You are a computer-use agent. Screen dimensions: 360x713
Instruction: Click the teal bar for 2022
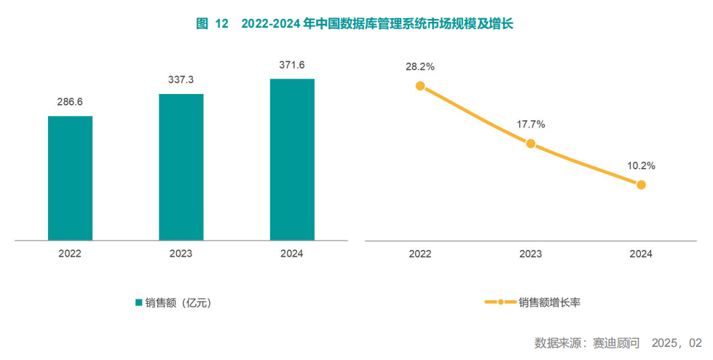[x=70, y=178]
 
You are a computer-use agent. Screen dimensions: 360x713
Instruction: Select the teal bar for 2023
[x=181, y=167]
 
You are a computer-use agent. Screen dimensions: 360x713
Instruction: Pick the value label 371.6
[x=292, y=65]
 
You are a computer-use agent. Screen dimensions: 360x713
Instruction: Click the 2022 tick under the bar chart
[x=70, y=254]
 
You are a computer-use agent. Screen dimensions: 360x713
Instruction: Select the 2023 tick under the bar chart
[x=181, y=254]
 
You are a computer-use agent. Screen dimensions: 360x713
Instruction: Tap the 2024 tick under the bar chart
[x=292, y=254]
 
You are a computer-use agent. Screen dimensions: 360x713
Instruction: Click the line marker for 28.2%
[x=420, y=85]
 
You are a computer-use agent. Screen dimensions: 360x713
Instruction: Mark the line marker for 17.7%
[x=531, y=144]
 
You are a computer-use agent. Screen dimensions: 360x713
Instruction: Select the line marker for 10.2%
[x=641, y=184]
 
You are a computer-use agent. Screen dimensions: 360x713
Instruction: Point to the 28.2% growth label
[x=420, y=66]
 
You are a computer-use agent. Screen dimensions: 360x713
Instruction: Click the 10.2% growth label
[x=641, y=166]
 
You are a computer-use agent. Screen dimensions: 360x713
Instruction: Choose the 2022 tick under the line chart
[x=420, y=254]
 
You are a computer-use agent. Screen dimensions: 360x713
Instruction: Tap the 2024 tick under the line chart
[x=641, y=254]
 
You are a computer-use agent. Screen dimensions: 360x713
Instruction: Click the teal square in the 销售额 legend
[x=138, y=302]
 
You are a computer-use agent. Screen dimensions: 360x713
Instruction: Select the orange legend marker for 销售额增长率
[x=500, y=302]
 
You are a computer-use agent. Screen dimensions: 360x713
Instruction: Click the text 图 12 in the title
[x=212, y=24]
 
